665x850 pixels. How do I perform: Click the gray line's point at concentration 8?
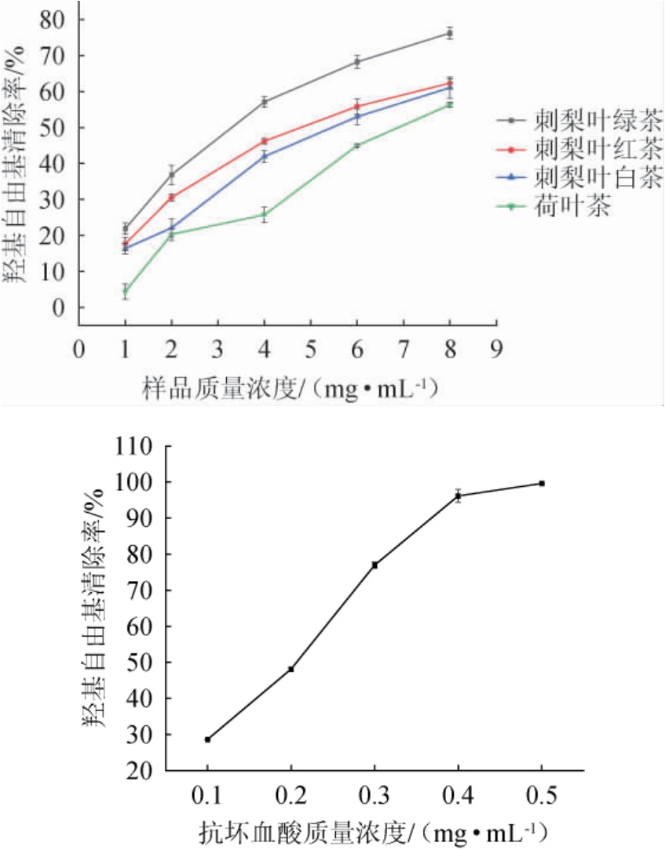click(450, 33)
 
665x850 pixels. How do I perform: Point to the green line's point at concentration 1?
click(125, 292)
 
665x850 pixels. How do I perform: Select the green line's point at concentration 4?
click(265, 215)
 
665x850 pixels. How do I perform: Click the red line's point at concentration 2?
click(172, 197)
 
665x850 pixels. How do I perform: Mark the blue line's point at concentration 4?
click(265, 156)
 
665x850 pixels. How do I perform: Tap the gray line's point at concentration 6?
click(357, 61)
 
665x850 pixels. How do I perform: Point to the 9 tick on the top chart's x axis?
click(495, 347)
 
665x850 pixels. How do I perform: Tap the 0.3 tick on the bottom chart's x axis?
click(375, 797)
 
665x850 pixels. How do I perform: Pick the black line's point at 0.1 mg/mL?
click(208, 739)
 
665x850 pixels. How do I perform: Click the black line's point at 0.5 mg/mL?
click(542, 483)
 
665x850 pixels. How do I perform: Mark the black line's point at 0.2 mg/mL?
click(291, 669)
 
